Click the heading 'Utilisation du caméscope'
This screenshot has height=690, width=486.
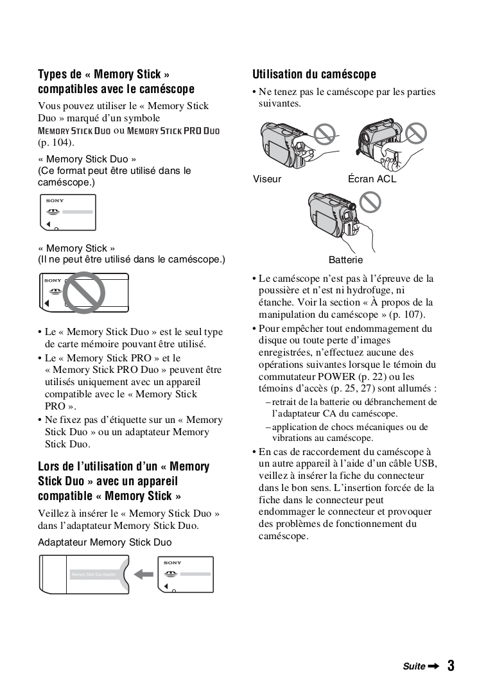point(314,74)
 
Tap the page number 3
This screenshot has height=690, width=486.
point(451,666)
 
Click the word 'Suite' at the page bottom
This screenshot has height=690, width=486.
point(413,666)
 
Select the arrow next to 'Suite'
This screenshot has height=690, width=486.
point(433,666)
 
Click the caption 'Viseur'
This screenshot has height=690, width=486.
point(267,179)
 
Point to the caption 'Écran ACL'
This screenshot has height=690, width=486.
point(372,179)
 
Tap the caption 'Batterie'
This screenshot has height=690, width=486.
point(345,260)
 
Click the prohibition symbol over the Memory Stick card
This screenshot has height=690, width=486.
point(86,293)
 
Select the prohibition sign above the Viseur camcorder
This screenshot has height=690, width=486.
point(327,134)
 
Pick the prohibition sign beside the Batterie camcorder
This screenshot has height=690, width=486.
point(369,202)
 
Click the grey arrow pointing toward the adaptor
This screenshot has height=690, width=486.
point(144,573)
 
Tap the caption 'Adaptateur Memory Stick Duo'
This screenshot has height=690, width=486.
point(105,542)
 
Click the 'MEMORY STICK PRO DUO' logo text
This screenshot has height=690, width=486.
point(173,131)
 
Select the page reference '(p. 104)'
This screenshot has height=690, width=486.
point(56,142)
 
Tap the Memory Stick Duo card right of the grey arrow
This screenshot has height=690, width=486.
point(185,574)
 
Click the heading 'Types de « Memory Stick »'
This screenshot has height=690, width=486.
point(104,74)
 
